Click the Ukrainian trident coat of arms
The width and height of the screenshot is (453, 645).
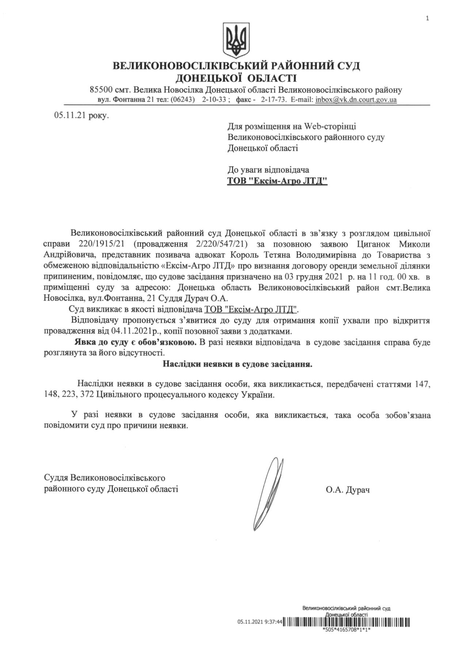(x=236, y=40)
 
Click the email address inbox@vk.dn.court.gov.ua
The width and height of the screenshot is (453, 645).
(x=356, y=99)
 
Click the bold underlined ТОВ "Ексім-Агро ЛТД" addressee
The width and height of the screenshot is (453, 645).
(x=277, y=181)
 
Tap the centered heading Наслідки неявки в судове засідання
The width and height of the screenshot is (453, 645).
(x=237, y=364)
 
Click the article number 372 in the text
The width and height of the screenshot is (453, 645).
(x=87, y=395)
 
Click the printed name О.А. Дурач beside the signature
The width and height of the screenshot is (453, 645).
(x=348, y=490)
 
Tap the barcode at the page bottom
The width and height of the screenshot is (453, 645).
(x=347, y=622)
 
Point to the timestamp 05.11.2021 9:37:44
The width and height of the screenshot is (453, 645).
(x=260, y=622)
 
